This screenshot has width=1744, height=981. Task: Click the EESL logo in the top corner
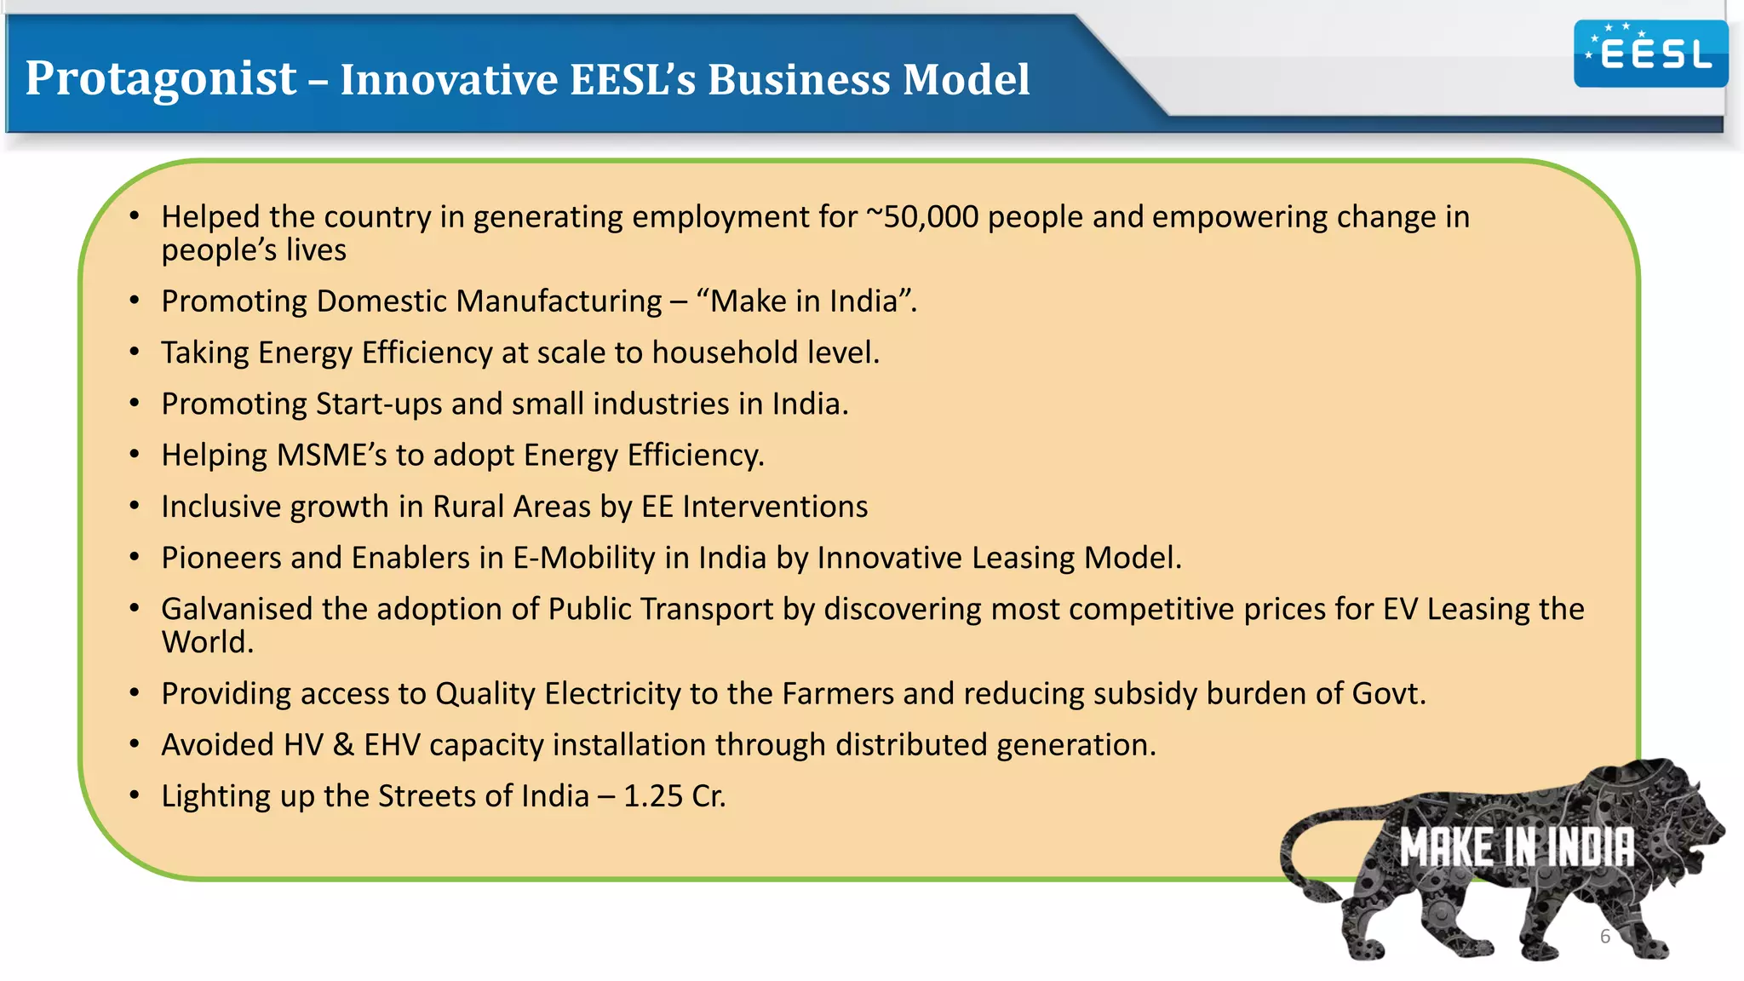click(x=1650, y=54)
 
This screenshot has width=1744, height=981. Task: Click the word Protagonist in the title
click(x=161, y=78)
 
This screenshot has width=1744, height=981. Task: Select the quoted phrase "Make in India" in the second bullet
click(x=805, y=301)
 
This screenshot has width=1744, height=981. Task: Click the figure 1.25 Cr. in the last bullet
click(x=674, y=796)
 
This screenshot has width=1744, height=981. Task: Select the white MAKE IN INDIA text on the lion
click(x=1517, y=847)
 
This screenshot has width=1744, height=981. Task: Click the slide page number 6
click(x=1604, y=937)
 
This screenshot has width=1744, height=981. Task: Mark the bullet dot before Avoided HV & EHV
click(x=135, y=744)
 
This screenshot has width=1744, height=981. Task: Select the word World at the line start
click(x=207, y=643)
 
